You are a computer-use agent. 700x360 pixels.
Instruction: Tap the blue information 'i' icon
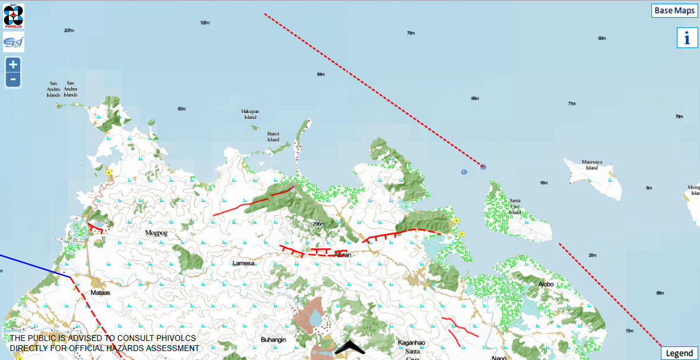[x=687, y=38]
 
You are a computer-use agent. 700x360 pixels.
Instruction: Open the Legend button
[x=679, y=353]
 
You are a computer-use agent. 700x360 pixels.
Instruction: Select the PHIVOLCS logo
[x=13, y=15]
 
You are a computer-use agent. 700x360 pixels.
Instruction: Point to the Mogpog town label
[x=156, y=233]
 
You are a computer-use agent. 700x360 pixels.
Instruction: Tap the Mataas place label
[x=101, y=293]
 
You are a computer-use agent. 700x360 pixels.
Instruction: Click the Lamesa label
[x=244, y=263]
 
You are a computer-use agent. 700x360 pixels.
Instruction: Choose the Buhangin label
[x=274, y=340]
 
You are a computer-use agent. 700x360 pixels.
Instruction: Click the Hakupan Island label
[x=251, y=114]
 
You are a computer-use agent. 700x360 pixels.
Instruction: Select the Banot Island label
[x=273, y=137]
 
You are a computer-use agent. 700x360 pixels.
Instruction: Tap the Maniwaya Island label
[x=591, y=165]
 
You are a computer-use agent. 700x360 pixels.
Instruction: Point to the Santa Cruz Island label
[x=515, y=206]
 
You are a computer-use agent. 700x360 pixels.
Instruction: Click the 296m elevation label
[x=319, y=224]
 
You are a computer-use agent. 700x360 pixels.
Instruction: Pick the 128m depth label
[x=205, y=23]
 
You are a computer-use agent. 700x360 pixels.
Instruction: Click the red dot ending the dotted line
[x=483, y=167]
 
